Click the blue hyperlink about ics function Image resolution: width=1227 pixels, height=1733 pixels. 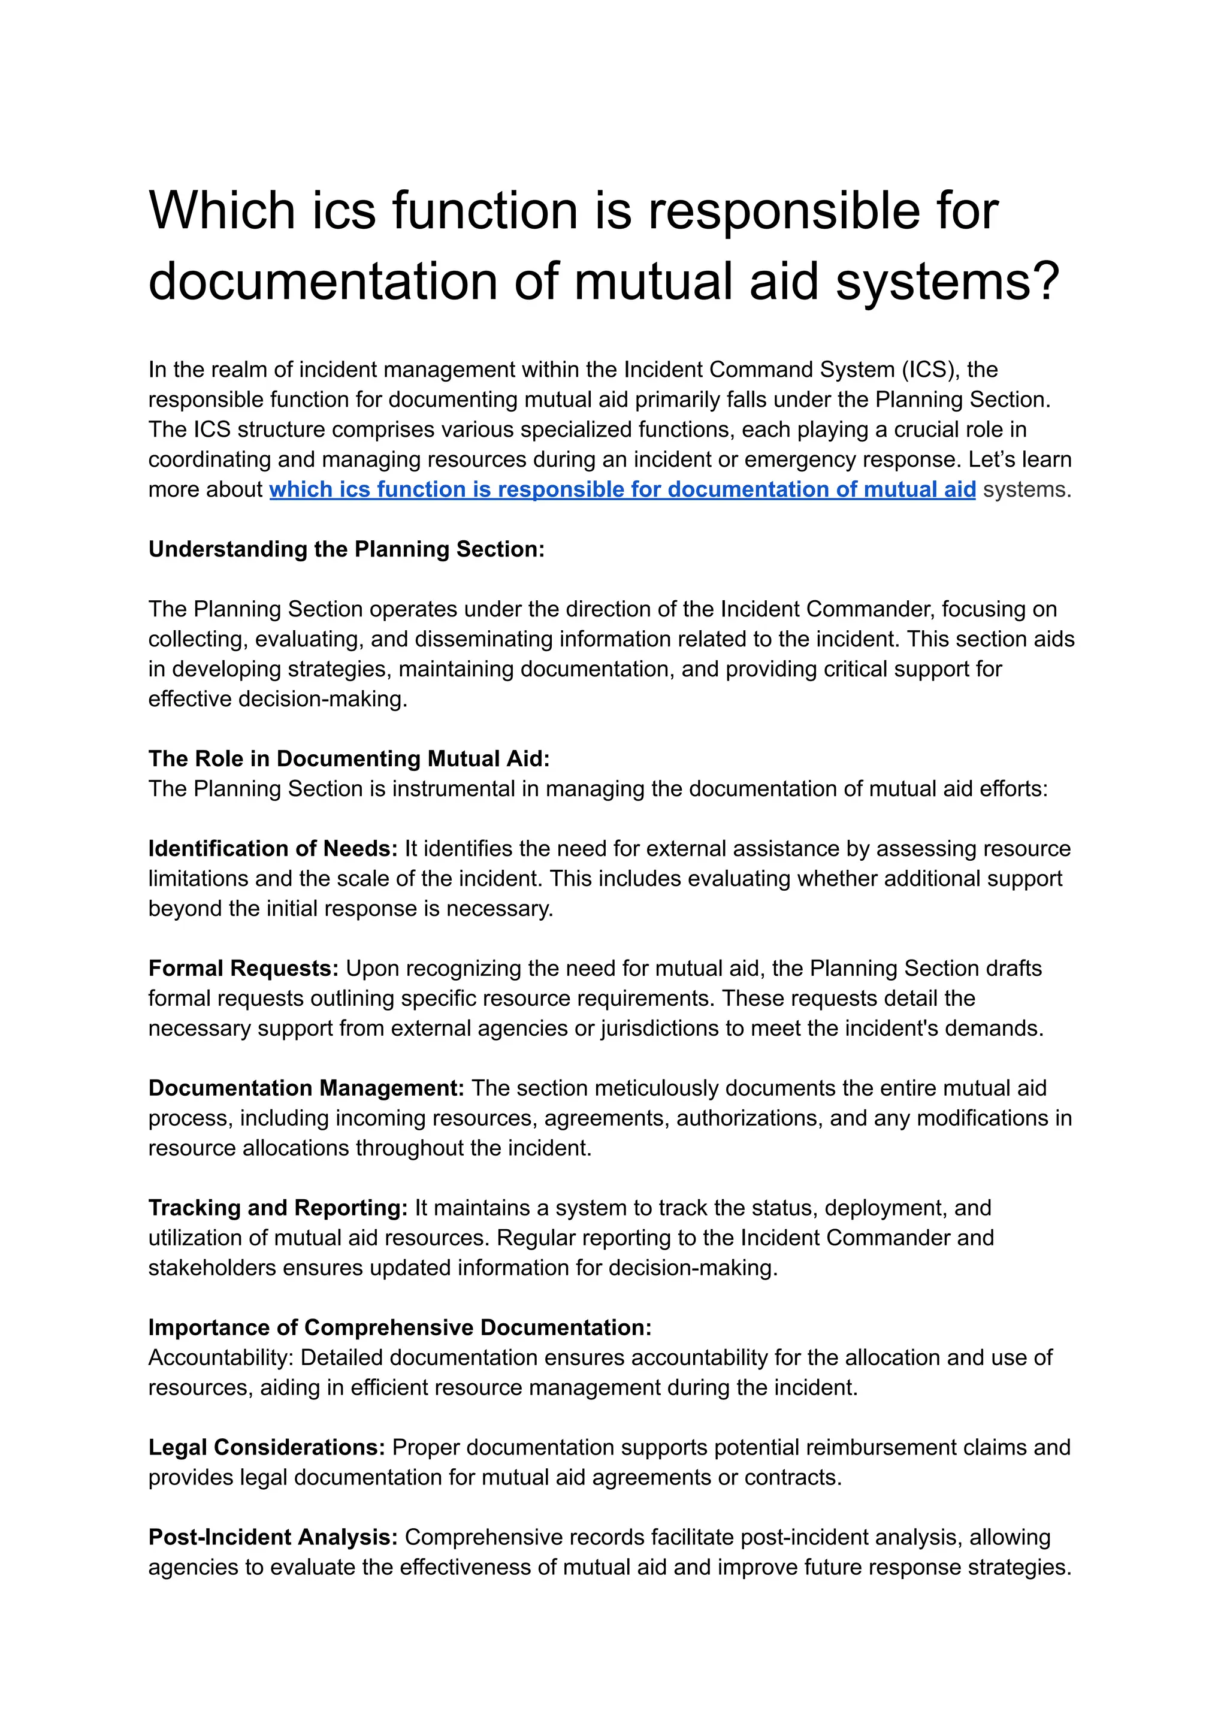pyautogui.click(x=622, y=489)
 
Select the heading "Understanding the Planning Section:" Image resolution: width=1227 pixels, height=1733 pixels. pyautogui.click(x=346, y=549)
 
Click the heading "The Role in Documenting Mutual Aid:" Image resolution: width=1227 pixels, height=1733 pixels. pyautogui.click(x=348, y=758)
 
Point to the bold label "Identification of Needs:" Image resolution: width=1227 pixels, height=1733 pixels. pyautogui.click(x=272, y=848)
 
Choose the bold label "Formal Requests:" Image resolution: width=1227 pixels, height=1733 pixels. pyautogui.click(x=243, y=969)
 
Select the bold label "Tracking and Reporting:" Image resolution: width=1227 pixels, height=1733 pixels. pyautogui.click(x=277, y=1208)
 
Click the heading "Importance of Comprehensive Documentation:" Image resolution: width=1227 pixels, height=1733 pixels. pyautogui.click(x=400, y=1327)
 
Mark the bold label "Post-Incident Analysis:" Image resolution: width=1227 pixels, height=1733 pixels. pyautogui.click(x=273, y=1537)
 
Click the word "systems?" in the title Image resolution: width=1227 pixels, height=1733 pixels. pyautogui.click(x=947, y=281)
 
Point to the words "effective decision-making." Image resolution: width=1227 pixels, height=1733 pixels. pyautogui.click(x=277, y=699)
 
